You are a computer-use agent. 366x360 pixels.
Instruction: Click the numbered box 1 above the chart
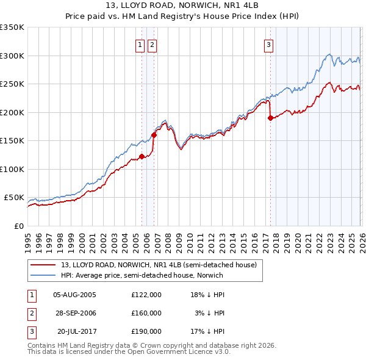pyautogui.click(x=140, y=44)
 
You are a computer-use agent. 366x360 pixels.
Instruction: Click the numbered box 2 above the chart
pyautogui.click(x=152, y=44)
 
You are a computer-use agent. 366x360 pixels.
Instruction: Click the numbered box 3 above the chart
pyautogui.click(x=268, y=44)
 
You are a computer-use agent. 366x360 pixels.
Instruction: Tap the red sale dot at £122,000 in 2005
pyautogui.click(x=142, y=157)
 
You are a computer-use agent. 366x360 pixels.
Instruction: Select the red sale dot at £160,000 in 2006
pyautogui.click(x=154, y=135)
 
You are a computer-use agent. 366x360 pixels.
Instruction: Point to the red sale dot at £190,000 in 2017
pyautogui.click(x=270, y=118)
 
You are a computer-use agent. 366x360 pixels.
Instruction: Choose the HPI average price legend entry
pyautogui.click(x=142, y=275)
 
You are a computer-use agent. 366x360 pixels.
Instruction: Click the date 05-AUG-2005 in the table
pyautogui.click(x=74, y=295)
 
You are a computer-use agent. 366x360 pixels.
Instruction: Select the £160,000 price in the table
pyautogui.click(x=146, y=312)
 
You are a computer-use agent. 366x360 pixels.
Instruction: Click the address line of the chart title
pyautogui.click(x=183, y=6)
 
